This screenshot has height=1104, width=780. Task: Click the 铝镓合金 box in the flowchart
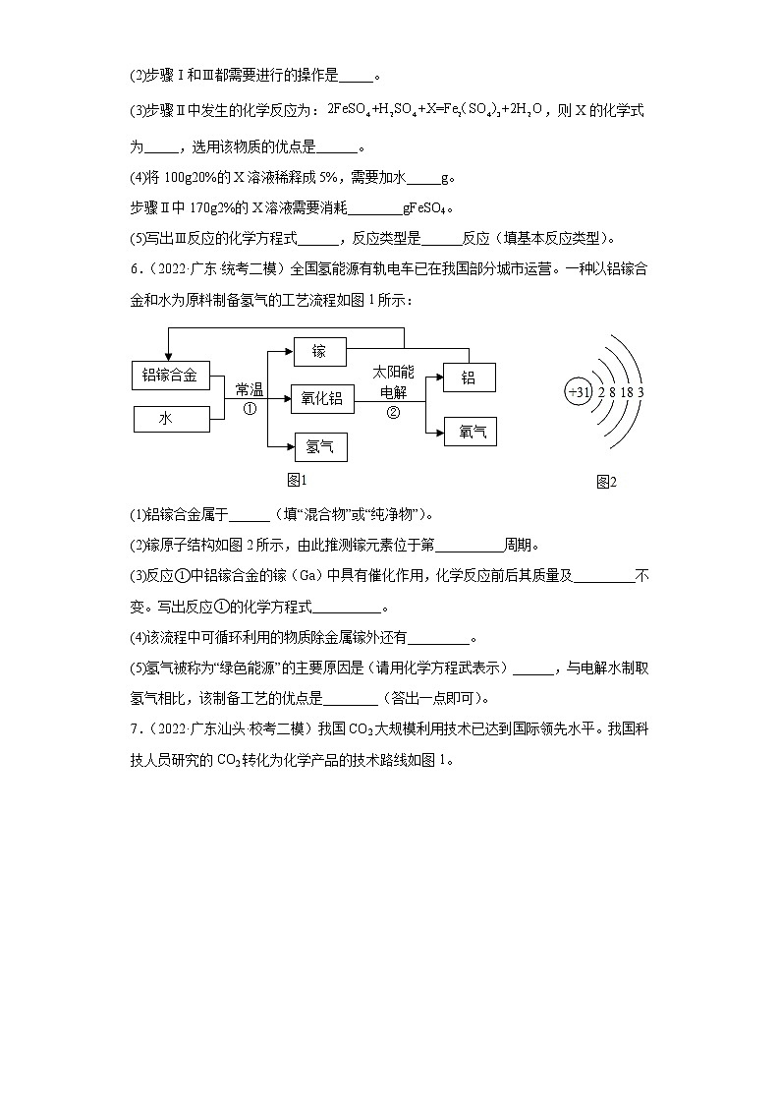coord(171,375)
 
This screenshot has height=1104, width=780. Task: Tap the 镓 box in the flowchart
coord(319,352)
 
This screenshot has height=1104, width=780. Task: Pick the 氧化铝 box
coord(321,398)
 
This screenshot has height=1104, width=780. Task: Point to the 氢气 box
coord(320,447)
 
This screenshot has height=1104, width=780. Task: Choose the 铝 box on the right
coord(469,378)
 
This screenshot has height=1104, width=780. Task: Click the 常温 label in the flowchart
coord(250,390)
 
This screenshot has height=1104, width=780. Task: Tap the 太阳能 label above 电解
coord(393,374)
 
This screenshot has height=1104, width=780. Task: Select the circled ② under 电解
coord(393,412)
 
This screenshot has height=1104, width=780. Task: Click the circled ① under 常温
coord(250,409)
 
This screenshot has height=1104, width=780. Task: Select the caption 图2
coord(606,482)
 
